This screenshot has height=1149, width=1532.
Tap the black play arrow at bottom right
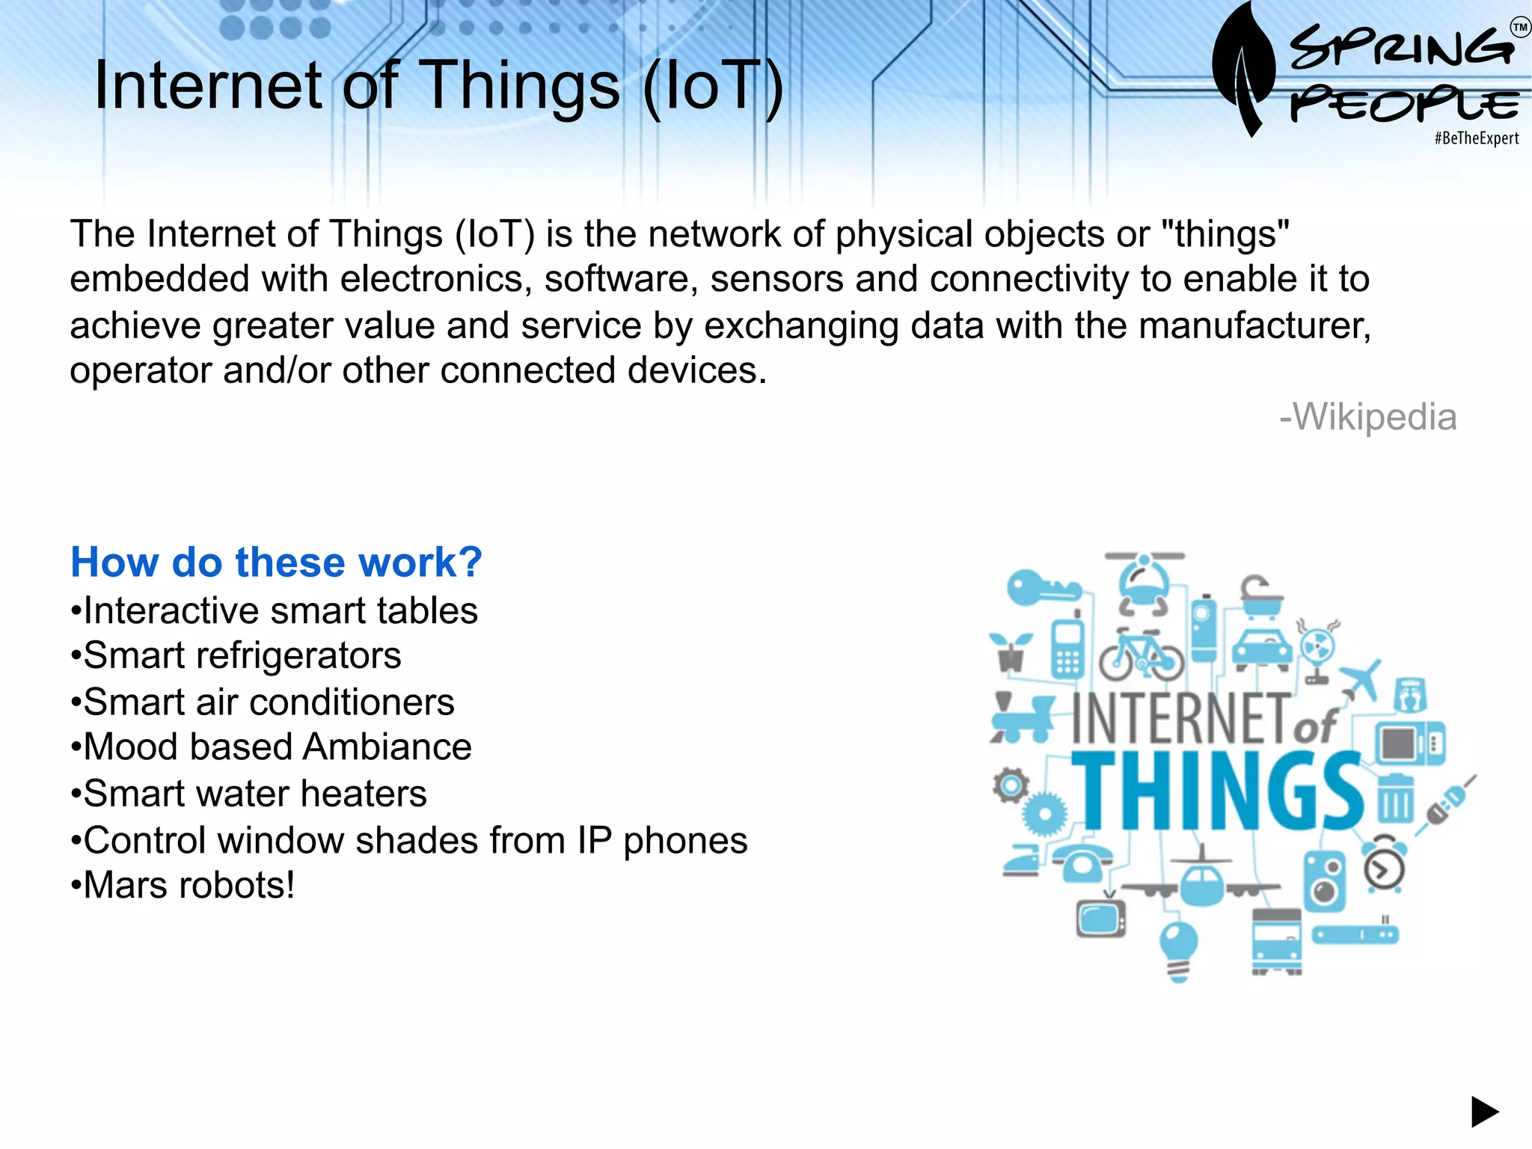pos(1484,1112)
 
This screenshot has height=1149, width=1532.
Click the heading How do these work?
pos(276,562)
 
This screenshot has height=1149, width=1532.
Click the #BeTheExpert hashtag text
pos(1476,138)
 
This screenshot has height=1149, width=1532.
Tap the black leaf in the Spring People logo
pos(1243,67)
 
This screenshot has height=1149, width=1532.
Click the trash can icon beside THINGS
pos(1395,799)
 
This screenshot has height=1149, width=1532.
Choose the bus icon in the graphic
pos(1276,941)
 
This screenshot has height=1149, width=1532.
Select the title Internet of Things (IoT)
pos(438,85)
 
